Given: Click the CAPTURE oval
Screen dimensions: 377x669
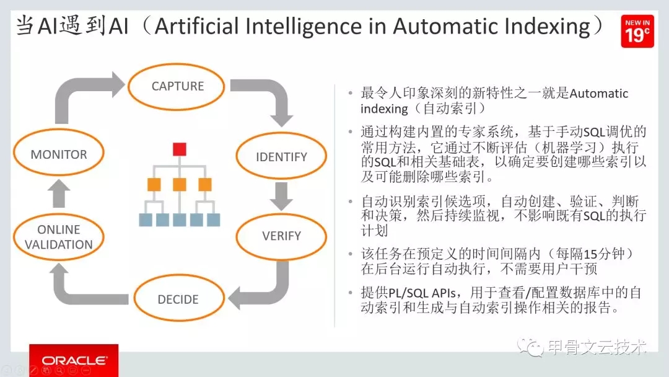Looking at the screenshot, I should (177, 87).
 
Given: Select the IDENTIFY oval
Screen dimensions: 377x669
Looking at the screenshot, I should (281, 156).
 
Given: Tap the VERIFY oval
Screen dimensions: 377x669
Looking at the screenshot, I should (281, 236).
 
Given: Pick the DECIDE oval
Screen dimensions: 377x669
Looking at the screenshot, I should (178, 299).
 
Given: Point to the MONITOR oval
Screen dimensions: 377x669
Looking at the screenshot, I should (59, 154).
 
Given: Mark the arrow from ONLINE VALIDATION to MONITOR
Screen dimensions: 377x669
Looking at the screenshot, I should (59, 195).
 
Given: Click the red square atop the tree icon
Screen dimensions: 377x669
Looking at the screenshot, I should (180, 149).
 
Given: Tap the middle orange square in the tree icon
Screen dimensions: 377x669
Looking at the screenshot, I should (180, 184).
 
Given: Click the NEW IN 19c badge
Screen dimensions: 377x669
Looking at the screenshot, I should (637, 31).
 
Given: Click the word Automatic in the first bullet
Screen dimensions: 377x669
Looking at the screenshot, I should (598, 94).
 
